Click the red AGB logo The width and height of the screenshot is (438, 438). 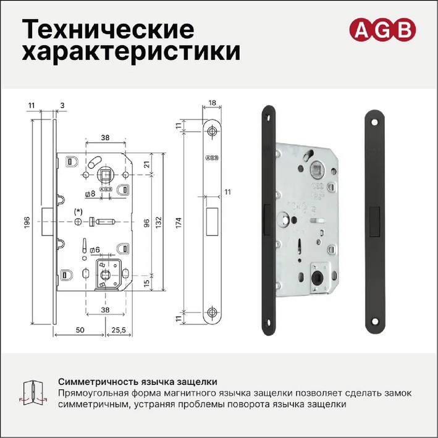382,30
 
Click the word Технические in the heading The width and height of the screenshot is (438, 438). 108,29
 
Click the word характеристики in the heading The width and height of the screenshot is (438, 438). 131,52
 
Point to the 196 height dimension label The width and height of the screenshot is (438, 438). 27,222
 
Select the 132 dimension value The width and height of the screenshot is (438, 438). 159,222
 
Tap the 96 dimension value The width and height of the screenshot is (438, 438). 146,223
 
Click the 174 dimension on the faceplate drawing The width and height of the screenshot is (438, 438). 179,222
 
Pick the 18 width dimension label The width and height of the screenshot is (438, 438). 213,103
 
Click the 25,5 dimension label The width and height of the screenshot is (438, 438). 119,330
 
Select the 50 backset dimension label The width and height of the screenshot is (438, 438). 80,330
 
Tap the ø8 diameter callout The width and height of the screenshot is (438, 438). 91,193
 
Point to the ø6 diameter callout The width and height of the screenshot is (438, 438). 95,250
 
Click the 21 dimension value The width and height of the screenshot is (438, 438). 146,164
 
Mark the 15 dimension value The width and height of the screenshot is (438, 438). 146,284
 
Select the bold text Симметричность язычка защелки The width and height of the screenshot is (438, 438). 138,382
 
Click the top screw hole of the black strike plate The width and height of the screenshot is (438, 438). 374,122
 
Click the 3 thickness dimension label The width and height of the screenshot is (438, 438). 62,105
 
